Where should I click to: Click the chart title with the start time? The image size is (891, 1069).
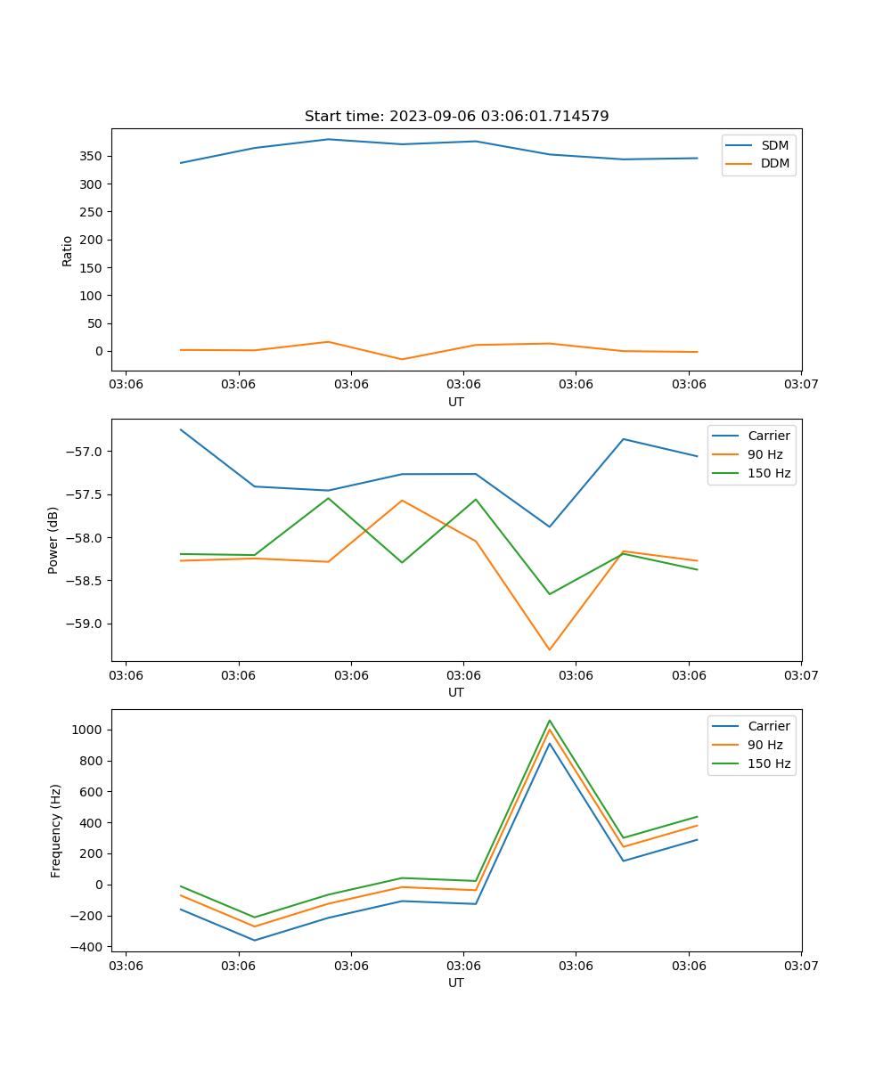point(456,117)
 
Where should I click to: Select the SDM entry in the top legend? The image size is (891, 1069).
point(774,145)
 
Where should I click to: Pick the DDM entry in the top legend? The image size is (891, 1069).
point(774,163)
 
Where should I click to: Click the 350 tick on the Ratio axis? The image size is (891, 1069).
point(93,156)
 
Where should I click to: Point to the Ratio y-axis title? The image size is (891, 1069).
point(68,250)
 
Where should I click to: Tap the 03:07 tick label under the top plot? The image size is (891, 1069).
point(801,385)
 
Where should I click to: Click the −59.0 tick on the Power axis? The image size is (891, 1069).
point(86,624)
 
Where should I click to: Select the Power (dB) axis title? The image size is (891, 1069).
point(53,540)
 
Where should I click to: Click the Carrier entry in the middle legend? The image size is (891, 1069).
point(768,436)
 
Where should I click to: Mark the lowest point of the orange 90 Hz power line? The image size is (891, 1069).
point(549,650)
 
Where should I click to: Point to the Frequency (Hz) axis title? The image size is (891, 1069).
point(56,830)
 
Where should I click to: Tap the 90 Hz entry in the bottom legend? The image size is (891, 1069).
point(765,745)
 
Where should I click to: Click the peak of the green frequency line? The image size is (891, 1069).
point(549,720)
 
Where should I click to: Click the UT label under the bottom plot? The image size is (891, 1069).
point(456,983)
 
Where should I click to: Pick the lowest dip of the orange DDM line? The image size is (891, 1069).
point(402,360)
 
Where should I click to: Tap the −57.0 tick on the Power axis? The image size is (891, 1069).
point(86,452)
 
